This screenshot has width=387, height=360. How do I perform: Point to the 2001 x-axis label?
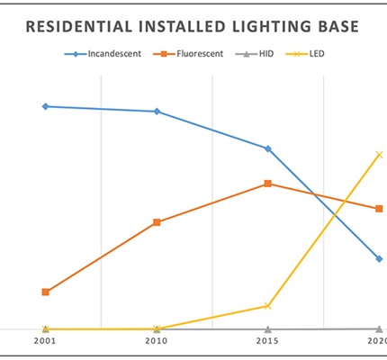click(x=45, y=343)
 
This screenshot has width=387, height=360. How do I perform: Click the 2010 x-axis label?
click(x=157, y=343)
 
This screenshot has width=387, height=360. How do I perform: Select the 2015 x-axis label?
click(x=268, y=343)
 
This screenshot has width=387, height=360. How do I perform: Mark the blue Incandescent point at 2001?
click(x=45, y=106)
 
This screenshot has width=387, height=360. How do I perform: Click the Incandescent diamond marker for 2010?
click(x=157, y=112)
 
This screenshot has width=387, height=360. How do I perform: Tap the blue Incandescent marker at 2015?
click(x=268, y=148)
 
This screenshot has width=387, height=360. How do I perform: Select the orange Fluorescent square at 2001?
click(x=45, y=292)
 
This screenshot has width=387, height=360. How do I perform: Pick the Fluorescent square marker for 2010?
click(x=157, y=222)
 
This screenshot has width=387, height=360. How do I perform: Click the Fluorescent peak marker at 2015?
click(x=268, y=184)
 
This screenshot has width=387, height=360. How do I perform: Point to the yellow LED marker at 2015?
click(x=268, y=306)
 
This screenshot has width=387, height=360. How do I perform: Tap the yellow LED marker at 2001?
click(x=45, y=329)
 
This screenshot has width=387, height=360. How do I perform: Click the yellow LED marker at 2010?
click(x=157, y=329)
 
